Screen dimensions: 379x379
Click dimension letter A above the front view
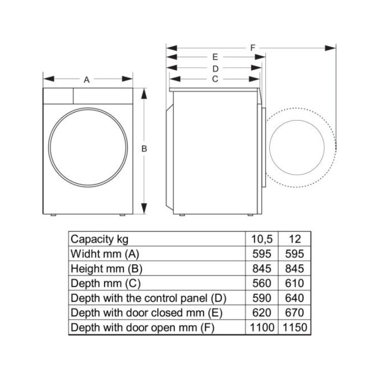click(86, 79)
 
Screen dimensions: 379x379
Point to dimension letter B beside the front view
click(144, 149)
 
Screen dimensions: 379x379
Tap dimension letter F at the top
click(253, 48)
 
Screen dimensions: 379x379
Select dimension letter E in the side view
click(215, 57)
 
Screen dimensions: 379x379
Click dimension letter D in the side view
click(215, 69)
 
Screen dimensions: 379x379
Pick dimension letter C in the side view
click(215, 79)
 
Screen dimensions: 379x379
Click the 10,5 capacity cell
click(262, 240)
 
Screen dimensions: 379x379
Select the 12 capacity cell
click(295, 239)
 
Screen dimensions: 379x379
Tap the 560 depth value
click(262, 283)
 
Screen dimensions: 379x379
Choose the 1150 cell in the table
click(295, 327)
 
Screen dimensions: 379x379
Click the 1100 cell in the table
click(262, 327)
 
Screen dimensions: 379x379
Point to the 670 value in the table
click(295, 313)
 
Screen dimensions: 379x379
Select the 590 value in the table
click(262, 298)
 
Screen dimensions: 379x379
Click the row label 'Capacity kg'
click(100, 240)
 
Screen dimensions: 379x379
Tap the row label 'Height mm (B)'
click(106, 269)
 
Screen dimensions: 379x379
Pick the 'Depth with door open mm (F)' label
click(143, 328)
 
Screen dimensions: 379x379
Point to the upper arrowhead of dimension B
click(144, 93)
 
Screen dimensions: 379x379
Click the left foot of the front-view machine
click(54, 215)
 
